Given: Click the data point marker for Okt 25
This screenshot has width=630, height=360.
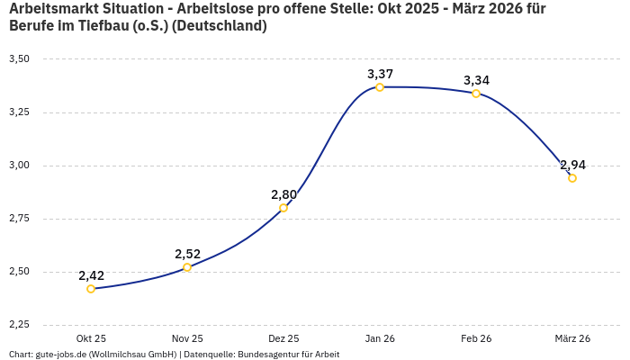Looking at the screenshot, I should (91, 289).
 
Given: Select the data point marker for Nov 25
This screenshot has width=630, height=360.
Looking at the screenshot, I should (187, 267).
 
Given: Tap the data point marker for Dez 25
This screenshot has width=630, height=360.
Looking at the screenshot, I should (283, 208).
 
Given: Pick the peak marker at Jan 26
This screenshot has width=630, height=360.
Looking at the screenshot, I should (380, 87).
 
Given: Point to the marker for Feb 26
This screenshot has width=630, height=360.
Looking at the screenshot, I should (476, 94).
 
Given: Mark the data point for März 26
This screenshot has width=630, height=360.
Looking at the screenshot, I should (572, 178).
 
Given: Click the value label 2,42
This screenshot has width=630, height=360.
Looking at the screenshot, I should (91, 275).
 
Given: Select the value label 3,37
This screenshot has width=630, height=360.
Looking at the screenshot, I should (380, 74).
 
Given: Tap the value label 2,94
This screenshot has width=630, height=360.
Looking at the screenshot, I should (572, 165).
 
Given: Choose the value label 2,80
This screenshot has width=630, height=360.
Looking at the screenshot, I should (283, 194).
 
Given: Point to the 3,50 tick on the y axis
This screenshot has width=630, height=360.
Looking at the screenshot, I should (19, 59).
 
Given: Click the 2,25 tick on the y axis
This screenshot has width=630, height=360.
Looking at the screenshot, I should (19, 325).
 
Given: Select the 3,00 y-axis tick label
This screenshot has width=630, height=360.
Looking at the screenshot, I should (19, 166).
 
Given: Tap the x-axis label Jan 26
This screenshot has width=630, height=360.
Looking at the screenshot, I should (380, 338).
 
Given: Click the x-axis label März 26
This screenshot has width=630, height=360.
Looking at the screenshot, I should (572, 338).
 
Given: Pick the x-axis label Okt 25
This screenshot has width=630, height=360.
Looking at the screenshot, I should (91, 338).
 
